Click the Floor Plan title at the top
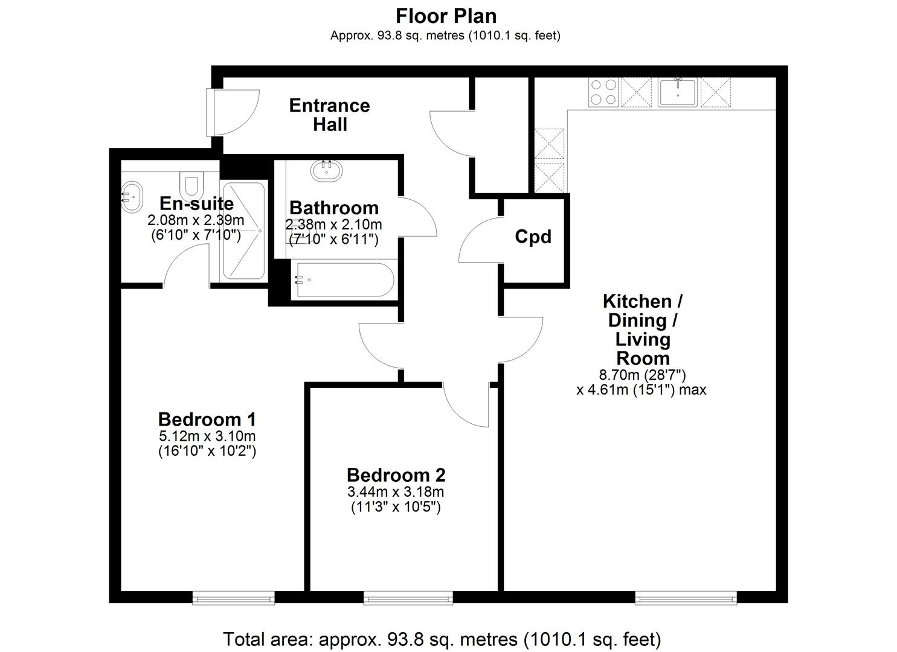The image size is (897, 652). tap(446, 15)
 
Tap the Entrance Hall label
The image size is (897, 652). tap(329, 115)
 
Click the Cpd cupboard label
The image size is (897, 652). tap(533, 237)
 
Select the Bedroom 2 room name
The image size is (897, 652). tap(396, 475)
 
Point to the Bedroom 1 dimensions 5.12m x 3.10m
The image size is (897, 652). tap(207, 436)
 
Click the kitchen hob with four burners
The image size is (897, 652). tap(603, 93)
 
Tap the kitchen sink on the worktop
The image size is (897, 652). tap(677, 92)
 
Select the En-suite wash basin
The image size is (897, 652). tap(132, 196)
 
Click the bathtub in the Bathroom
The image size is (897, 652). tap(343, 280)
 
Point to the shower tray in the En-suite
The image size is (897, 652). tap(243, 231)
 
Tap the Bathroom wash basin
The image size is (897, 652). tap(327, 170)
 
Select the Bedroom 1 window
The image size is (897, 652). tap(233, 598)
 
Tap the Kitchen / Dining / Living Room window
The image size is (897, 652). tap(686, 598)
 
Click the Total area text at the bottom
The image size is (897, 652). tap(442, 639)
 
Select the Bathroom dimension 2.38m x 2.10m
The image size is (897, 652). tap(334, 225)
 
